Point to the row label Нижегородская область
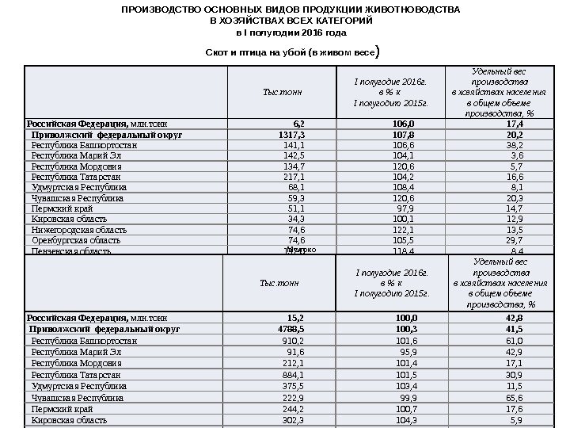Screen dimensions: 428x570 point(78,230)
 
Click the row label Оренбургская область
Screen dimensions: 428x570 point(76,239)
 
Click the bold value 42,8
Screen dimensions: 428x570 point(514,317)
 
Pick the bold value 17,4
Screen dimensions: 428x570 point(514,124)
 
